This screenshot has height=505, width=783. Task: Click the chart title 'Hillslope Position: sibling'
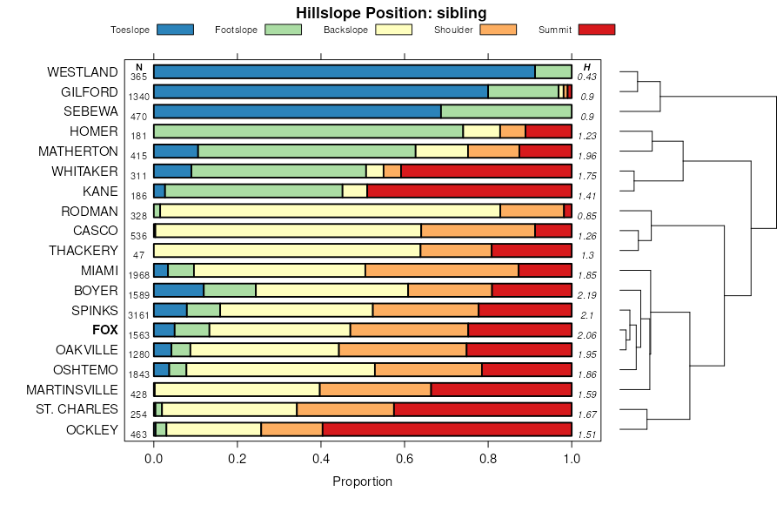click(391, 12)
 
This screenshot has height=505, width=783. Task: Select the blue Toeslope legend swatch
click(176, 30)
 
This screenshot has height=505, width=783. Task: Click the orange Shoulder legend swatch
click(499, 30)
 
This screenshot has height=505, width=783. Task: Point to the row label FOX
click(104, 330)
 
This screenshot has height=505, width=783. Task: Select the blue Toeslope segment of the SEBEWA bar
click(297, 111)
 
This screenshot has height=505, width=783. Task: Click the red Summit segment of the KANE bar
click(469, 191)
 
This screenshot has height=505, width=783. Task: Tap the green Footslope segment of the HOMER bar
click(308, 131)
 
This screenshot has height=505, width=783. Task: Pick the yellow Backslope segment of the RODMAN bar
click(330, 211)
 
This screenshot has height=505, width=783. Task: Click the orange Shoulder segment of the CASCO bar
click(478, 231)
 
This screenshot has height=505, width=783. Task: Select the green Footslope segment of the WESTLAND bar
click(552, 72)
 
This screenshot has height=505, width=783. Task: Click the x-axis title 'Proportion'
click(363, 481)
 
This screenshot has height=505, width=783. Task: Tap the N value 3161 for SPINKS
click(138, 314)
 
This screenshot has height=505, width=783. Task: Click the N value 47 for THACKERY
click(138, 255)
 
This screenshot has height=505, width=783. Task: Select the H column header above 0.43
click(587, 67)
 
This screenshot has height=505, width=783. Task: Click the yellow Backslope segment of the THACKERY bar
click(286, 251)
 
